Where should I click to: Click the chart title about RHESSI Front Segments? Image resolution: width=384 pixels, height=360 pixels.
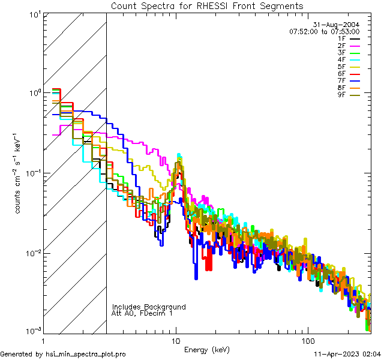(x=207, y=6)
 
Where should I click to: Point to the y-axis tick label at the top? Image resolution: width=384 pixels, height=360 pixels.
(x=32, y=14)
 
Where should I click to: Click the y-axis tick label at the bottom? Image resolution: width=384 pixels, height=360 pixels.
(x=31, y=331)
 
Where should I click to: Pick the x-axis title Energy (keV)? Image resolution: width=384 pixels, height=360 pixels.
(x=207, y=349)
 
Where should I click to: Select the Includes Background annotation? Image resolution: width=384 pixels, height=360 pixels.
(x=149, y=307)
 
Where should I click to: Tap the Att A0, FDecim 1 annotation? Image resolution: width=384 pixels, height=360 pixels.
(x=143, y=313)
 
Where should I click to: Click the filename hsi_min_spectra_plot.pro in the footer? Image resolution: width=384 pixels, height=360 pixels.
(x=86, y=354)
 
